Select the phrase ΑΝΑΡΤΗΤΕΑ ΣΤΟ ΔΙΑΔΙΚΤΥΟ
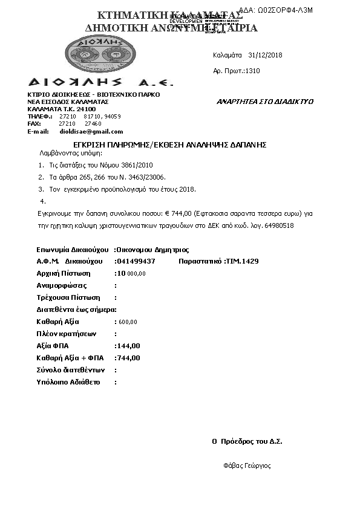click(265, 102)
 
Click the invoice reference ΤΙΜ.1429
click(243, 261)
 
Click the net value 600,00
click(128, 322)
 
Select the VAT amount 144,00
click(128, 346)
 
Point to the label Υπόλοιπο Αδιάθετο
click(68, 382)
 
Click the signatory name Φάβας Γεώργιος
click(247, 466)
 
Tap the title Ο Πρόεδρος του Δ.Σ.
click(247, 441)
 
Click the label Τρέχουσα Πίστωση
click(68, 297)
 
